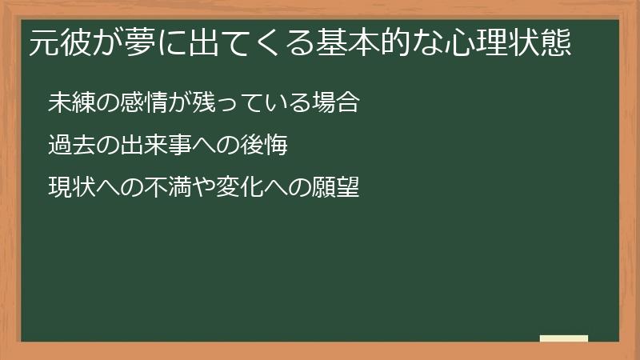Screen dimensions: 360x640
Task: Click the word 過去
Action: coord(70,146)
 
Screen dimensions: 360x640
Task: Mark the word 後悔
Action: coord(264,146)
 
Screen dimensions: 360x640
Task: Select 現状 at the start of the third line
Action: coord(70,189)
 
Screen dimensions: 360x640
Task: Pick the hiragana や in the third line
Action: coord(202,189)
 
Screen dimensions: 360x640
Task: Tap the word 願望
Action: coord(336,189)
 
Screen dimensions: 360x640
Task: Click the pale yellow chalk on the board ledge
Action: coord(564,338)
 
